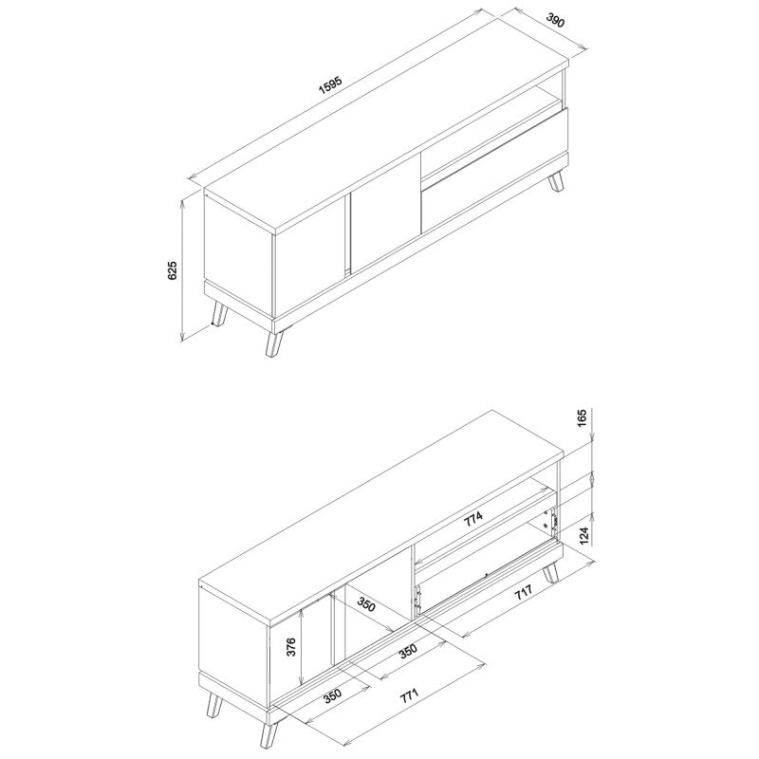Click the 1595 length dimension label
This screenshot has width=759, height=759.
(x=330, y=84)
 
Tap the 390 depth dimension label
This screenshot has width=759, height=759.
(x=556, y=20)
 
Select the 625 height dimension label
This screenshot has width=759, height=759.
(x=173, y=270)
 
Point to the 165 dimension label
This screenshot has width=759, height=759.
(x=582, y=418)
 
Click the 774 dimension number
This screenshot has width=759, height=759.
(x=473, y=518)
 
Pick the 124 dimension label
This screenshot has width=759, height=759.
(x=583, y=536)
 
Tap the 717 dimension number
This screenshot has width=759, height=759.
(x=524, y=592)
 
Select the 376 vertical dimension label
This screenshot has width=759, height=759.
(x=291, y=647)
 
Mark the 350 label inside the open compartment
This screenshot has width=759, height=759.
(x=366, y=603)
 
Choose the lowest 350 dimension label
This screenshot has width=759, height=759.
(x=333, y=695)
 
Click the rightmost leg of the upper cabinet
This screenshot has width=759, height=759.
(x=556, y=181)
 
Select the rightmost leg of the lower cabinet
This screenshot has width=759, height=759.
(x=550, y=572)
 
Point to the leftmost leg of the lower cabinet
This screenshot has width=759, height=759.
(x=214, y=704)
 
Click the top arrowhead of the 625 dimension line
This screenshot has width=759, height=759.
(x=182, y=203)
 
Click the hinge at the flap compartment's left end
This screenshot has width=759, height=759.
(x=417, y=598)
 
